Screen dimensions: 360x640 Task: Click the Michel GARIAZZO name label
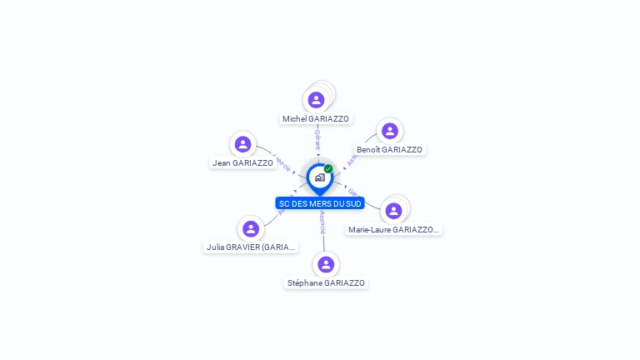316,119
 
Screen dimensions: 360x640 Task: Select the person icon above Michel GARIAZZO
316,100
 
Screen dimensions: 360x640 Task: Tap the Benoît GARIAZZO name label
389,150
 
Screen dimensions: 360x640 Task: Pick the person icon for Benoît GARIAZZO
389,131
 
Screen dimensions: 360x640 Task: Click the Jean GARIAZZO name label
242,163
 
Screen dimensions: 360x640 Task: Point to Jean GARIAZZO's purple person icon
242,144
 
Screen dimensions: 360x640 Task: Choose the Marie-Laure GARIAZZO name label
393,230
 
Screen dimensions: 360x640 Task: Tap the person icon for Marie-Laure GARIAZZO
393,211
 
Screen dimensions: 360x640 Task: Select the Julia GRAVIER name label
251,247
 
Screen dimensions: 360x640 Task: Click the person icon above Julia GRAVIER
251,228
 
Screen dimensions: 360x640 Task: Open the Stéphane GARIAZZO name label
326,283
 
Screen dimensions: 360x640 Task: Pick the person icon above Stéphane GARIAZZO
326,264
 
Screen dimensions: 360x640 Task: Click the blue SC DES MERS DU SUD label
320,203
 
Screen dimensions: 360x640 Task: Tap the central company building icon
319,177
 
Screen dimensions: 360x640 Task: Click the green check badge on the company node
328,168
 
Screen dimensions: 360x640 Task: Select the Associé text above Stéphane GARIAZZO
322,221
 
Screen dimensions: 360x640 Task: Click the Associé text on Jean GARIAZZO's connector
282,162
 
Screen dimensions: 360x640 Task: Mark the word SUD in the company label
352,203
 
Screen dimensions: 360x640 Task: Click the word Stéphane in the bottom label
304,283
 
